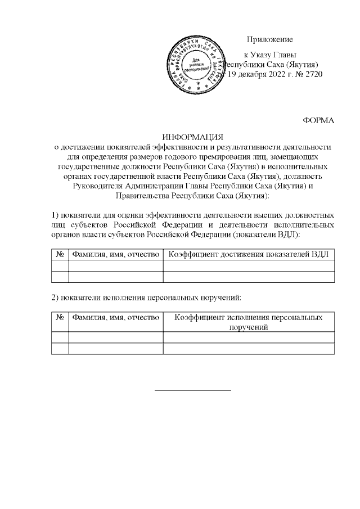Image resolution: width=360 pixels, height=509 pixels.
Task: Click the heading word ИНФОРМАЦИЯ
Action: [x=192, y=137]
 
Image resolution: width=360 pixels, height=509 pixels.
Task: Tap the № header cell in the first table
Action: [x=60, y=254]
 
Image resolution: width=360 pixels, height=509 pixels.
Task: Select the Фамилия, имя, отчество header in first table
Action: [x=115, y=254]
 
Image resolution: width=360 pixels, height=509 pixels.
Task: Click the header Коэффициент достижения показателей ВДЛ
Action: [x=249, y=254]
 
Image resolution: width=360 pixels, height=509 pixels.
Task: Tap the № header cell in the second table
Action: [x=60, y=318]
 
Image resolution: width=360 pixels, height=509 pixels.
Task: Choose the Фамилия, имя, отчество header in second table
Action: [x=115, y=318]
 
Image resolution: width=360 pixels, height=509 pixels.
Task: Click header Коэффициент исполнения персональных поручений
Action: [x=249, y=322]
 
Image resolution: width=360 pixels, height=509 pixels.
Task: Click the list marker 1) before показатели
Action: [x=55, y=215]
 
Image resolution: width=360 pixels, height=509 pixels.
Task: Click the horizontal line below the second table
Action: [x=192, y=390]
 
